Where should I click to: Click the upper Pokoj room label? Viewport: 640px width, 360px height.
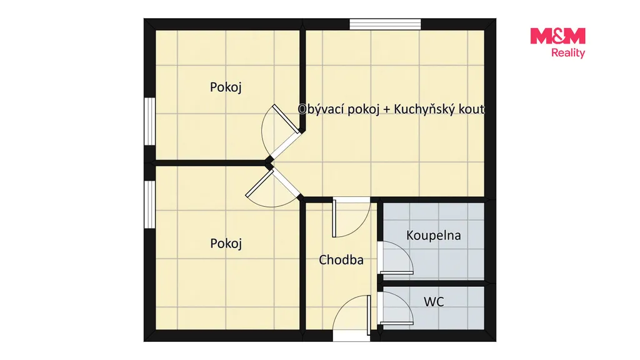(x=226, y=87)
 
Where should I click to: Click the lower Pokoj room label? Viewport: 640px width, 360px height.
(x=226, y=244)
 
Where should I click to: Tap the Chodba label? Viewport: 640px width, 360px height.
(x=341, y=260)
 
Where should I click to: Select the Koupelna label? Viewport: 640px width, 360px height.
(x=434, y=236)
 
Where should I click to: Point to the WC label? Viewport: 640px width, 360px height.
(x=434, y=302)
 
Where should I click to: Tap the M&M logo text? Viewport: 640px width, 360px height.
(x=557, y=36)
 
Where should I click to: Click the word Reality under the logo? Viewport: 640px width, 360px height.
(x=568, y=53)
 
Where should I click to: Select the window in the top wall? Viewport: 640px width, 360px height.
(x=385, y=24)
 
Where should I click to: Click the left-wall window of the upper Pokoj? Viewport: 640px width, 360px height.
(x=150, y=121)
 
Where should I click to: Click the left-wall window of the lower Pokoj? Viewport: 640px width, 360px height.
(x=150, y=204)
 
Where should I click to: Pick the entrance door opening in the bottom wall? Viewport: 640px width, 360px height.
(x=351, y=336)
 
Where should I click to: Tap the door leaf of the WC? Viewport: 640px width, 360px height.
(x=397, y=323)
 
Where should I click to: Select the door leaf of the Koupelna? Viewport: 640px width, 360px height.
(x=397, y=272)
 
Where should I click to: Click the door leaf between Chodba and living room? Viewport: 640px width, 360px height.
(x=334, y=218)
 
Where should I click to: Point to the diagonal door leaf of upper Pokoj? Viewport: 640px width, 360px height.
(x=286, y=118)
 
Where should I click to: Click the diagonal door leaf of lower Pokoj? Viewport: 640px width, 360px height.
(x=259, y=183)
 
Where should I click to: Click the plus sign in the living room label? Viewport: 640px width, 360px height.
(x=386, y=110)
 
